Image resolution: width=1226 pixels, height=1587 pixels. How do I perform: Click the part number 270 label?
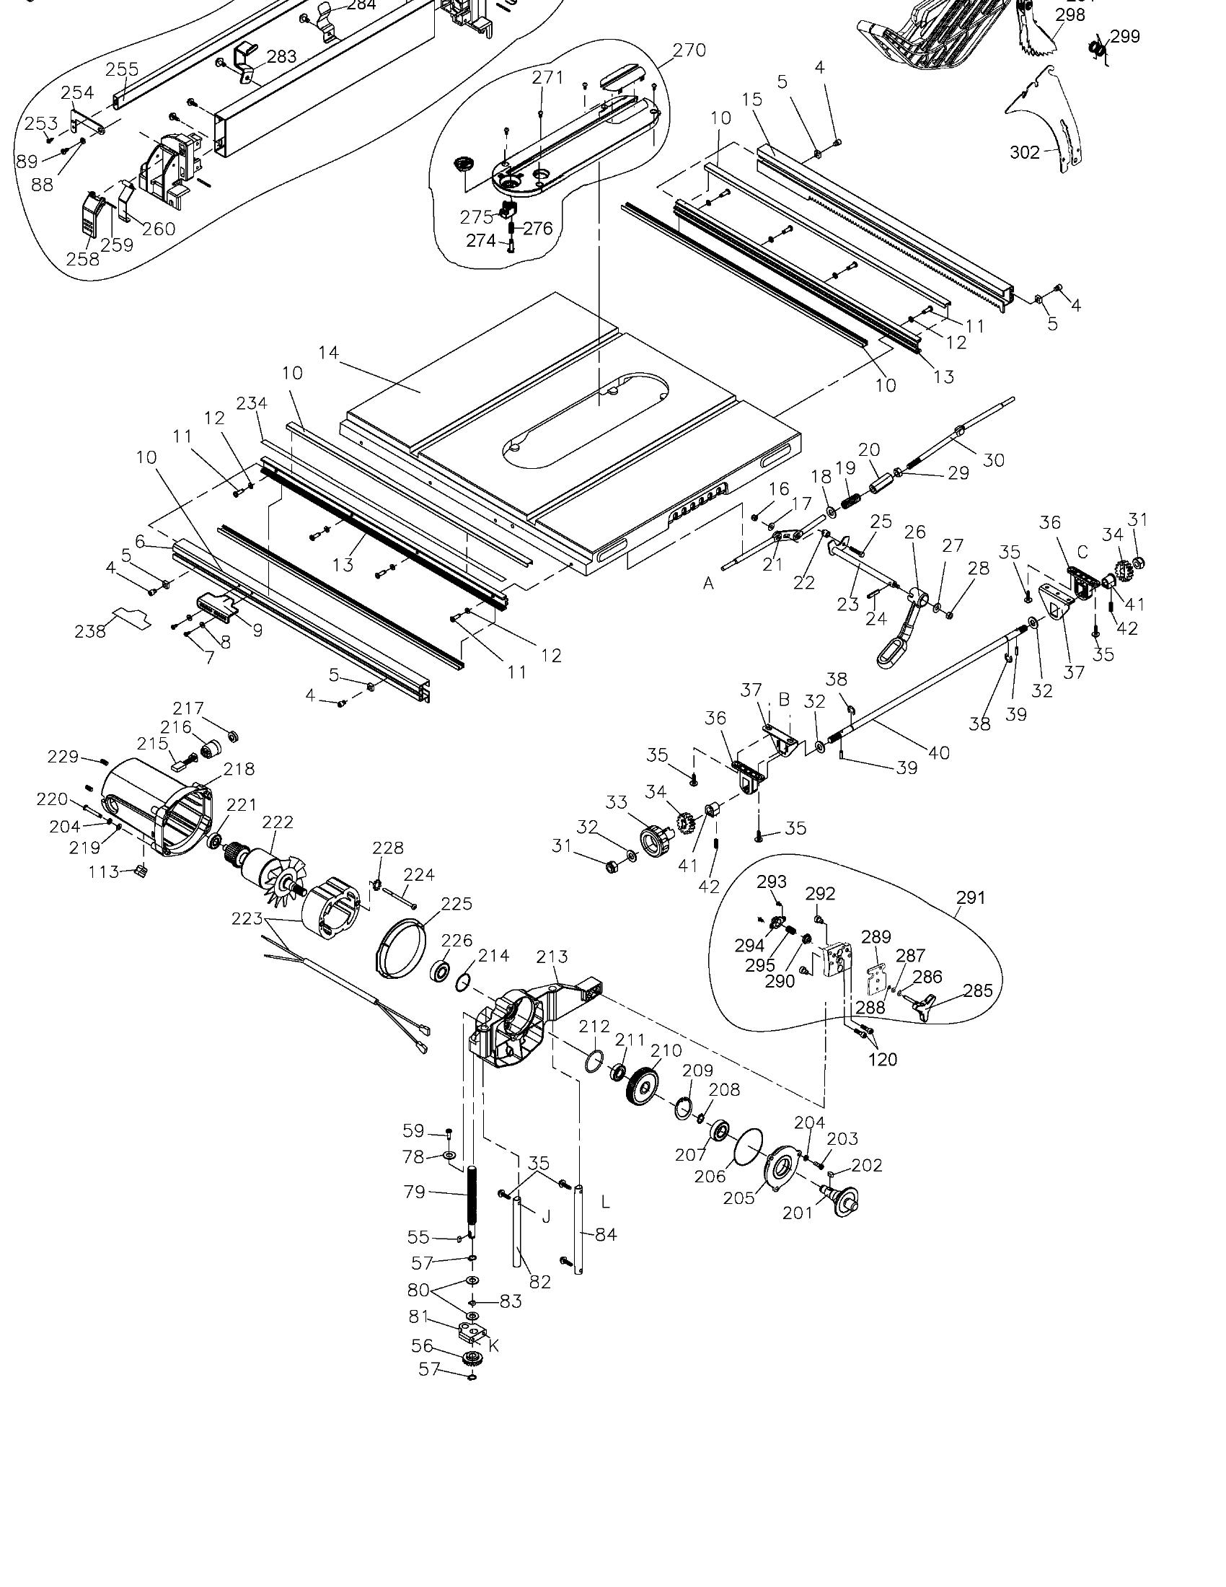[x=689, y=50]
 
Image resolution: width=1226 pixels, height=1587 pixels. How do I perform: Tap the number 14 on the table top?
[x=328, y=353]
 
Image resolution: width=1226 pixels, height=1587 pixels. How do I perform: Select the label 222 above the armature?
[x=278, y=822]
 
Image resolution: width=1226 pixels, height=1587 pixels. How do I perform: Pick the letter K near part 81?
[x=493, y=1346]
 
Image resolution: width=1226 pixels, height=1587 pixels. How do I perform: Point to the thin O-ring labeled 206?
[x=749, y=1149]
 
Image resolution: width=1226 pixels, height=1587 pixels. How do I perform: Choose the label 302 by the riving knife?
[x=1025, y=152]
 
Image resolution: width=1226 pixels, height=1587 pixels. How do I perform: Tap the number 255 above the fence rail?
[x=122, y=70]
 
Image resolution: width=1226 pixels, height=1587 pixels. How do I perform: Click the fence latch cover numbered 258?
[x=89, y=216]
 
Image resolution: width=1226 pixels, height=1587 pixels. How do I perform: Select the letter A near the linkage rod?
[x=708, y=583]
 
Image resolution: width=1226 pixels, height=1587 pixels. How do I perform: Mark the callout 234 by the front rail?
[x=251, y=403]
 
